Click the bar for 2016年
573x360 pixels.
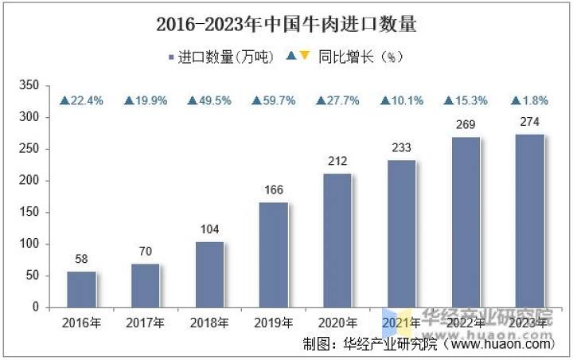[81, 289]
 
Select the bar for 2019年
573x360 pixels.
[274, 255]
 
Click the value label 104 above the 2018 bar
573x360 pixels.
[209, 229]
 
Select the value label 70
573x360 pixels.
[146, 251]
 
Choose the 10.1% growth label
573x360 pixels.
[402, 100]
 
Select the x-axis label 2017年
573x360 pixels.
[146, 323]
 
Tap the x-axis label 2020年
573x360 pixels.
[337, 323]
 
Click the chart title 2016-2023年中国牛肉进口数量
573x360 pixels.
[286, 24]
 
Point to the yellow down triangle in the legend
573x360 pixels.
[304, 56]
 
